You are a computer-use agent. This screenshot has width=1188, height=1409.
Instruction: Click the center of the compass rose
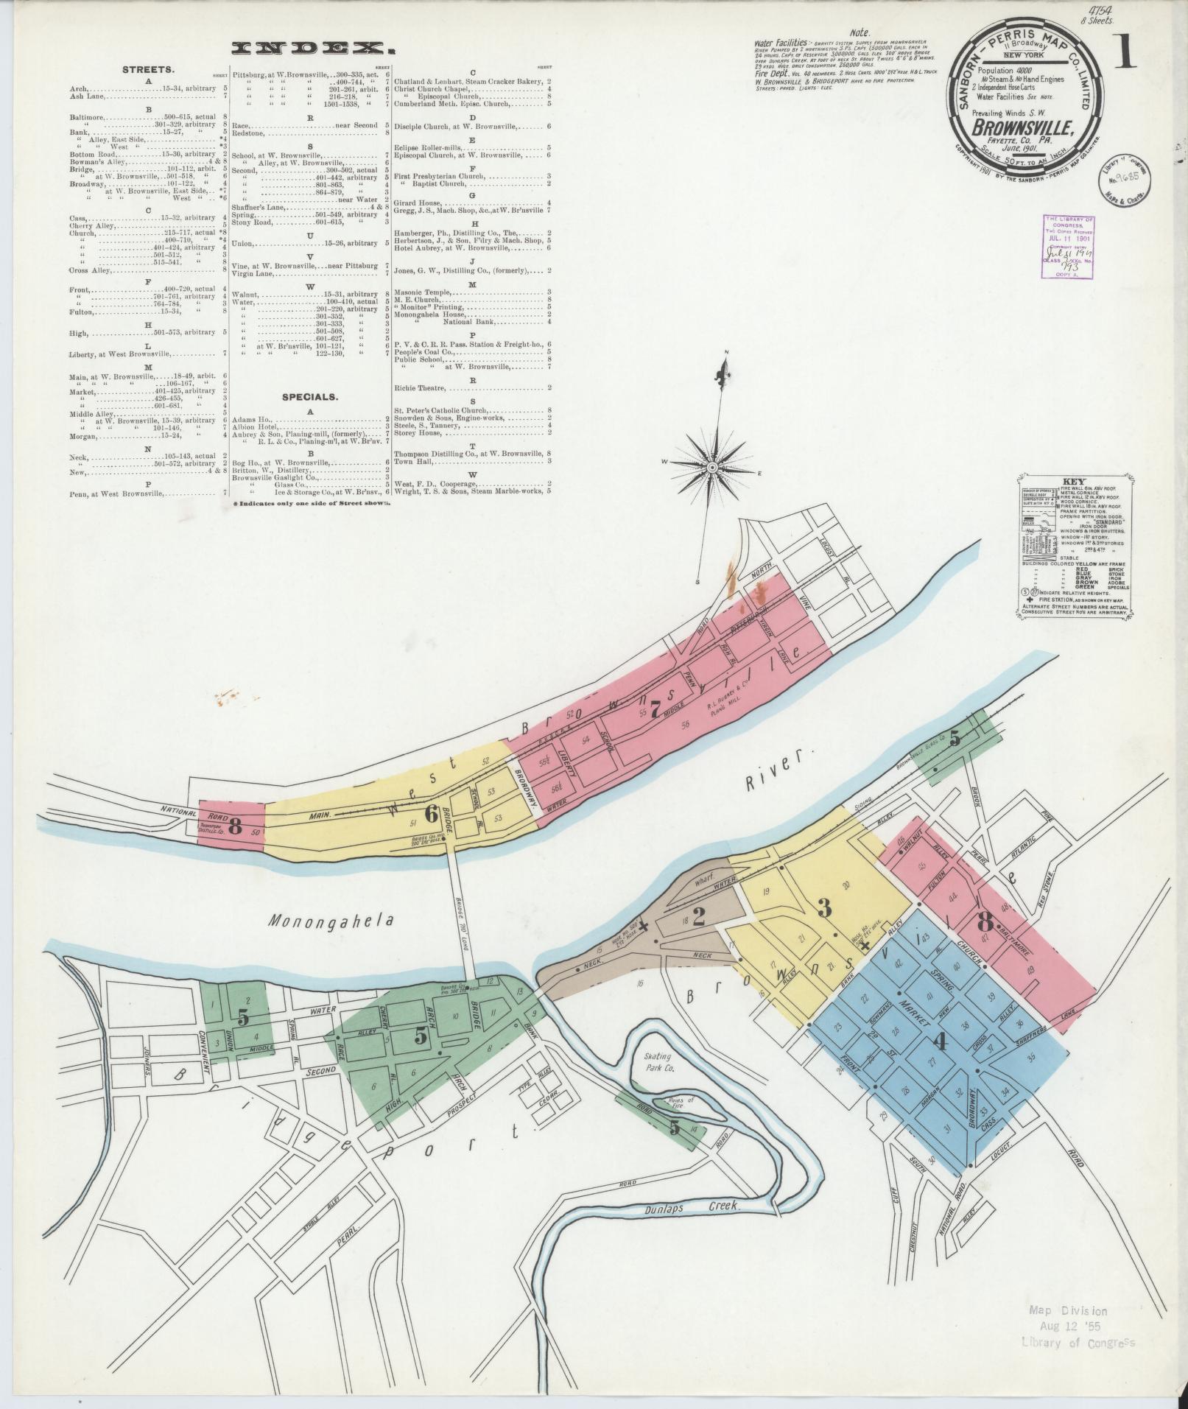pos(713,468)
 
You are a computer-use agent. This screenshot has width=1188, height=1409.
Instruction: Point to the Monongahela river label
pos(331,921)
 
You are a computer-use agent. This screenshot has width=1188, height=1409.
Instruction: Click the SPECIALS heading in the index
pos(310,396)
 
